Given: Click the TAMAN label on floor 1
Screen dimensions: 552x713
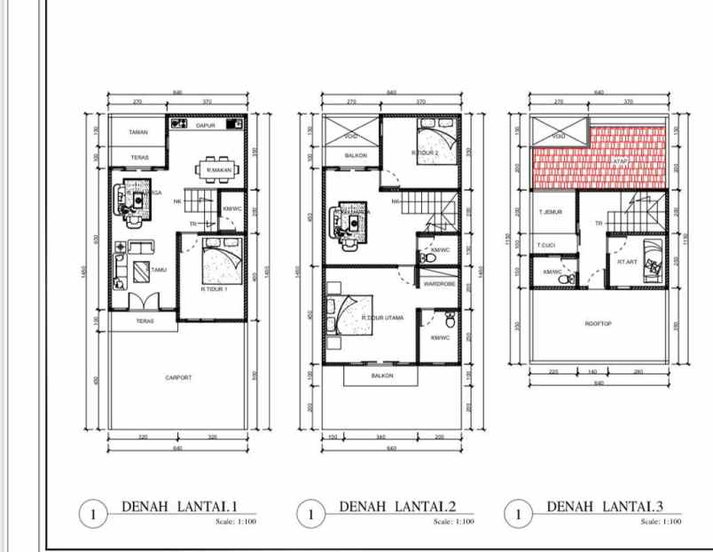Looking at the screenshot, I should [x=137, y=132].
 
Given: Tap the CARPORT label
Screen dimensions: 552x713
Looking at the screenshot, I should [x=178, y=377].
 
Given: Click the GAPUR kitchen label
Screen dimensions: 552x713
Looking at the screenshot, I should [x=206, y=125].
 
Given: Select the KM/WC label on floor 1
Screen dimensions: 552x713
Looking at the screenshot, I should [x=232, y=209].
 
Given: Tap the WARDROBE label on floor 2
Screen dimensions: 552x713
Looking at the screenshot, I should [x=439, y=284].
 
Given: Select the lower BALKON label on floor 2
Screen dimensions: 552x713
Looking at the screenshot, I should [x=382, y=375].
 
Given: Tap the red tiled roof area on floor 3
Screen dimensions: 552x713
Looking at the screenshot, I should [x=599, y=160].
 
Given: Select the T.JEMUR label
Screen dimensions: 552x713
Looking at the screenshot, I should [x=551, y=213].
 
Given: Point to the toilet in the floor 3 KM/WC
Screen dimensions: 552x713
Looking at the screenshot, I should [x=561, y=280].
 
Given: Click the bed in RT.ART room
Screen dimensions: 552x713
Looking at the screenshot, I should [x=654, y=259].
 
